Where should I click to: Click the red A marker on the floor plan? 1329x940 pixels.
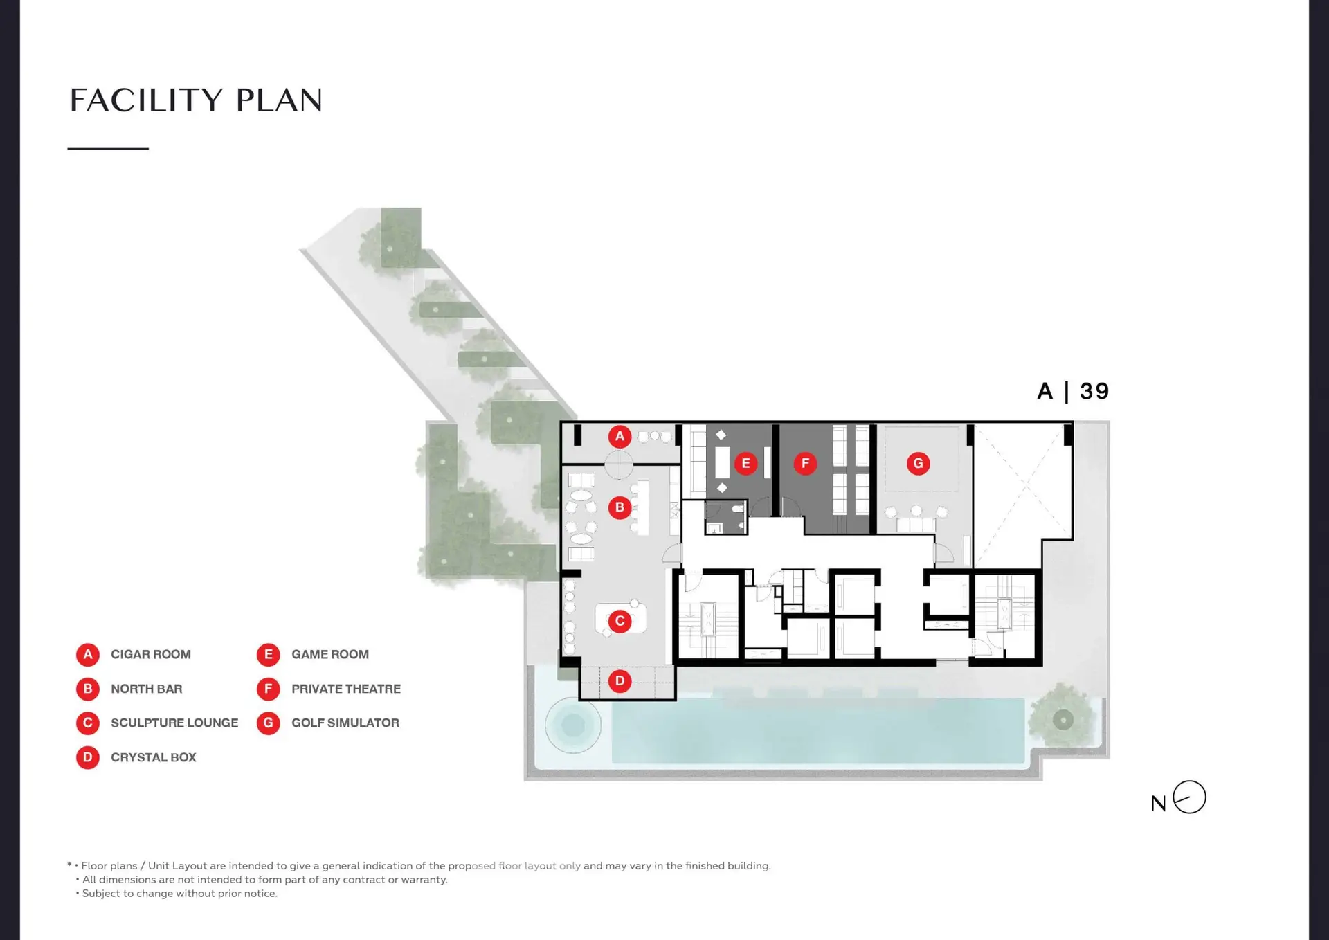(x=620, y=437)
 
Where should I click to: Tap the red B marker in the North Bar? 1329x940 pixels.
(x=620, y=508)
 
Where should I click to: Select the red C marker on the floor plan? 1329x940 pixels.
(x=620, y=622)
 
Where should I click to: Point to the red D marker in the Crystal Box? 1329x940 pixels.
(x=620, y=681)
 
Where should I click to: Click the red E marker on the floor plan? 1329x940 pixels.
(x=745, y=464)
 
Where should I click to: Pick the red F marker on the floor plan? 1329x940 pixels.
(x=805, y=464)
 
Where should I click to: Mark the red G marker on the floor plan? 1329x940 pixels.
(x=919, y=464)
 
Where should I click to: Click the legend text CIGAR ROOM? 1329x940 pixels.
(x=151, y=655)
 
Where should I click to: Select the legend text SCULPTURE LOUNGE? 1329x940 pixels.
(x=174, y=723)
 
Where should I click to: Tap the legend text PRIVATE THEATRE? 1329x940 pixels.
(x=346, y=689)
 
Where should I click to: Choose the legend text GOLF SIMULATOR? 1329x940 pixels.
(x=345, y=723)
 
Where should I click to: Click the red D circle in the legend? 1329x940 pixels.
(x=88, y=757)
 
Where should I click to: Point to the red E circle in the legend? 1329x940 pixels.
(x=269, y=655)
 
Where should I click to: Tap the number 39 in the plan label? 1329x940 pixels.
(x=1094, y=392)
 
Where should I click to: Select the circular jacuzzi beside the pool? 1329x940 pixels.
(x=573, y=725)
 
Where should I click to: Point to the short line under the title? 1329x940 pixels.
(x=108, y=149)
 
